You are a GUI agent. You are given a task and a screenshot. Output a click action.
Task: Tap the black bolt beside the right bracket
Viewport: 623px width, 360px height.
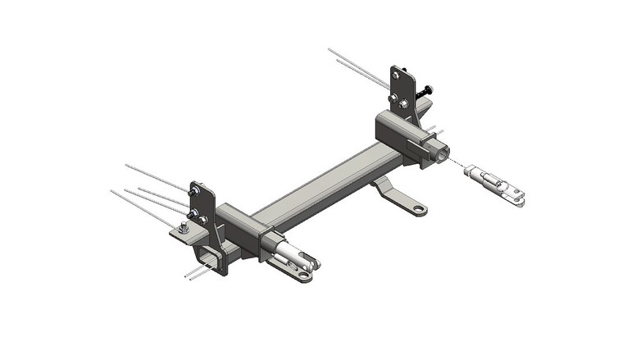[426, 91]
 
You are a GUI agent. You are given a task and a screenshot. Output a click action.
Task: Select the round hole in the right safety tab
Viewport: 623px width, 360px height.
[419, 210]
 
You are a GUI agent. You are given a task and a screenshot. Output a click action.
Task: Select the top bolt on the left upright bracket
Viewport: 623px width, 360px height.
[195, 193]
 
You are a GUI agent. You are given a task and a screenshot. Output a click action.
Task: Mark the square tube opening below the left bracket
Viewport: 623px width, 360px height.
[212, 255]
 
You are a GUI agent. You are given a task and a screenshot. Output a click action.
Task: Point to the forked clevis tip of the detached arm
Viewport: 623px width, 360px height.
[516, 194]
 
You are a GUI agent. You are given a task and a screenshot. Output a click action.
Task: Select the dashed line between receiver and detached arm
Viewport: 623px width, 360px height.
[456, 163]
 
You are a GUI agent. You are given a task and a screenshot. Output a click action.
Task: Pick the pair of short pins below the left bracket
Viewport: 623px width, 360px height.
[198, 271]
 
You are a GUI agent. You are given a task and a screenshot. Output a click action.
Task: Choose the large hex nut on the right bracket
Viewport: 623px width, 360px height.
[404, 103]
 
